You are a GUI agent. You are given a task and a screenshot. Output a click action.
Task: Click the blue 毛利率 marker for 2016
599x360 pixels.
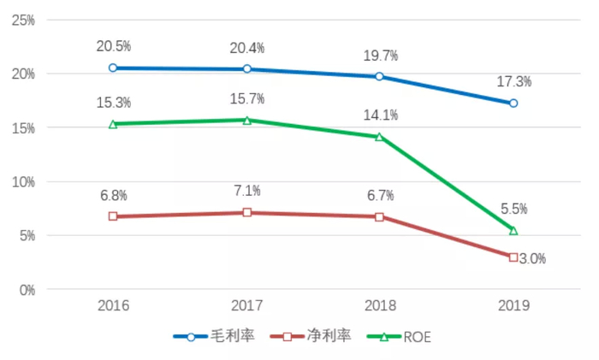[x=113, y=68]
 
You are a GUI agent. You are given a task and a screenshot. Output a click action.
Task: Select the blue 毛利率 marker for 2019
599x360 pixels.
[x=513, y=103]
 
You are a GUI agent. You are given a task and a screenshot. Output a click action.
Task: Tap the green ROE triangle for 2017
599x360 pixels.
[x=246, y=120]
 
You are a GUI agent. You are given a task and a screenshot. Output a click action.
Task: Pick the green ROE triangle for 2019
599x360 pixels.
[x=513, y=230]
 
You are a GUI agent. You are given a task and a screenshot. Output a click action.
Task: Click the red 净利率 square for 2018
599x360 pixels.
[x=380, y=216]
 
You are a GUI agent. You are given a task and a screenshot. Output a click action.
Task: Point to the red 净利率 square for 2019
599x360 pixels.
[x=513, y=257]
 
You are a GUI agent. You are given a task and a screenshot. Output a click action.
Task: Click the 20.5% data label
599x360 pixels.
[x=114, y=45]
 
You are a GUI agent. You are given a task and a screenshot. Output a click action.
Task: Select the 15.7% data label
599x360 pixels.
[x=247, y=98]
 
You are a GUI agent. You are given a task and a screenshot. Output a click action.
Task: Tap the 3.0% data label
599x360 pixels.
[x=532, y=258]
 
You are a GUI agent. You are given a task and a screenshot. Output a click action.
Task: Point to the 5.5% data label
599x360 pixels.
[x=513, y=209]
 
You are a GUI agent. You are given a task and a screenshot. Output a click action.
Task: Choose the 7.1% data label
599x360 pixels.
[x=247, y=191]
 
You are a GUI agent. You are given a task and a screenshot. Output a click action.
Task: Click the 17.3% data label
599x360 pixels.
[x=513, y=82]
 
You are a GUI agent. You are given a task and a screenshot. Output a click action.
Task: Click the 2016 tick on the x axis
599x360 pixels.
[x=114, y=305]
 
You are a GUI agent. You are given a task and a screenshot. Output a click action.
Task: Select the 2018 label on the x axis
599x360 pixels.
[x=380, y=305]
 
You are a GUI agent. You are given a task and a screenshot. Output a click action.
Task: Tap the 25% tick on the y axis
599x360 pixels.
[x=22, y=20]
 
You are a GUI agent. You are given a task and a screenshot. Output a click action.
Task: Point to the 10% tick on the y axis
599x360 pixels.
[x=22, y=181]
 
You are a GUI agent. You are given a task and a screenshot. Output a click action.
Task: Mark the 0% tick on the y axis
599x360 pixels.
[x=26, y=290]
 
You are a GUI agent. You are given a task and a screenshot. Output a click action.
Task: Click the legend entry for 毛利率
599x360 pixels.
[x=215, y=337]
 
